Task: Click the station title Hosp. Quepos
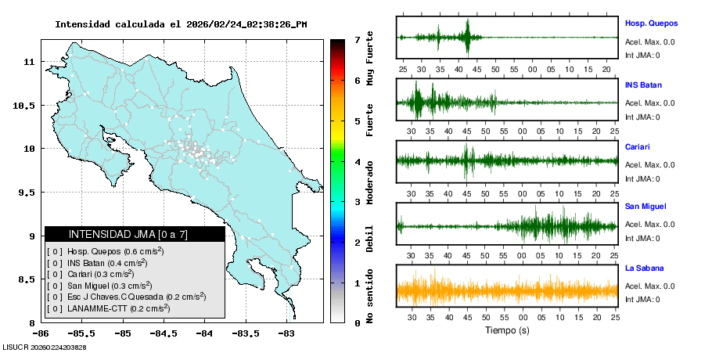coord(651,23)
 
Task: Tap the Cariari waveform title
coord(638,146)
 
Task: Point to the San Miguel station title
coord(645,207)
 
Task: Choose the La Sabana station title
coord(644,268)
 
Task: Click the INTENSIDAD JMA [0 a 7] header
coord(135,234)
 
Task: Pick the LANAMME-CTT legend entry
coord(107,308)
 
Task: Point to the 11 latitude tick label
coord(29,61)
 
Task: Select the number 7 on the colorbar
coord(357,39)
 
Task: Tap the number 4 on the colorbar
coord(357,162)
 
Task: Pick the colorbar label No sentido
coord(370,297)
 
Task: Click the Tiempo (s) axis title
coord(506,330)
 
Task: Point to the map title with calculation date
coord(181,24)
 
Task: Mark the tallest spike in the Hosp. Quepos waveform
coord(467,33)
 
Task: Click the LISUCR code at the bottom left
coord(44,347)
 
